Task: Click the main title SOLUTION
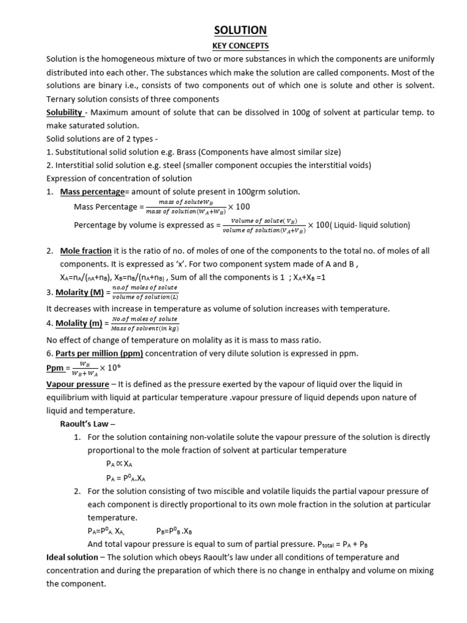coord(240,30)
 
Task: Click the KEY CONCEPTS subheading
coord(240,46)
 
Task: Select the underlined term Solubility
coord(64,113)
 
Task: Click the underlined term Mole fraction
coord(86,251)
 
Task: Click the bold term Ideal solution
coord(72,557)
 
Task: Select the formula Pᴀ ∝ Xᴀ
coord(119,464)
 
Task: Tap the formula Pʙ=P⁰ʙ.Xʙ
coord(174,531)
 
